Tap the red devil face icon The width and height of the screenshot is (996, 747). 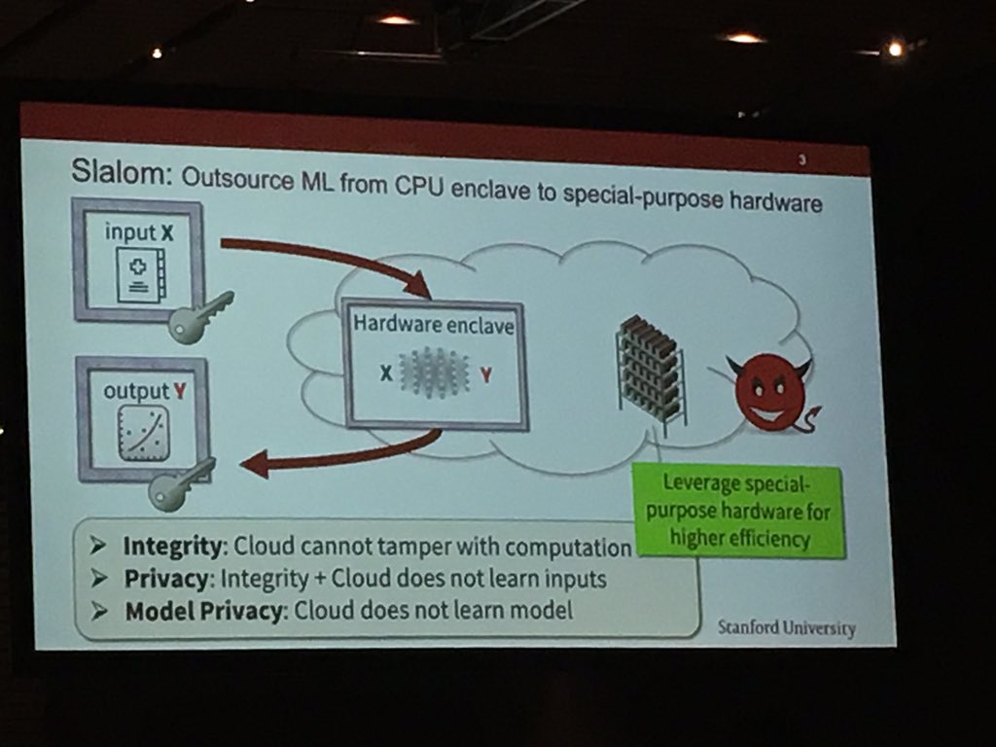(x=769, y=392)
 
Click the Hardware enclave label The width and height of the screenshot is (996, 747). (x=433, y=325)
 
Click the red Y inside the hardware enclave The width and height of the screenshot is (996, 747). (x=485, y=374)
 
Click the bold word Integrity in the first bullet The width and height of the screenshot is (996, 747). (x=174, y=547)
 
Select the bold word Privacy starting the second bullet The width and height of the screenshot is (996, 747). (x=166, y=579)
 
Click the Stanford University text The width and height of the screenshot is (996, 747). (x=787, y=627)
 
